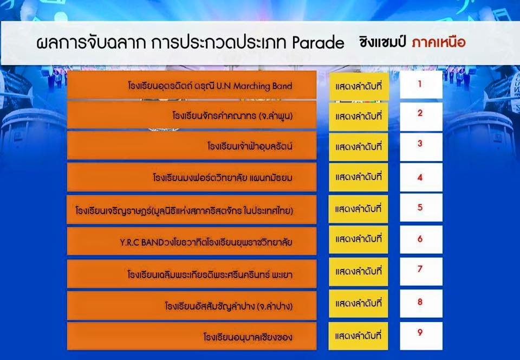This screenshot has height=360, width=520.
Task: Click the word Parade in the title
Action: [318, 42]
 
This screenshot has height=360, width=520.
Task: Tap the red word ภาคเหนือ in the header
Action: [439, 42]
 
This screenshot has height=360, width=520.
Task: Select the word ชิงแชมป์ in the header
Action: [384, 42]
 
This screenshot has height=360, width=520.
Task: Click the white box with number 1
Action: [421, 85]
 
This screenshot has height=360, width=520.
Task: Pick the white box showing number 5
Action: [421, 208]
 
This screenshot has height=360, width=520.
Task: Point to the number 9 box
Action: [421, 336]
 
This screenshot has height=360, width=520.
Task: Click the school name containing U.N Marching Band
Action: [210, 86]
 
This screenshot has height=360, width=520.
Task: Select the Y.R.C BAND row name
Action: [206, 242]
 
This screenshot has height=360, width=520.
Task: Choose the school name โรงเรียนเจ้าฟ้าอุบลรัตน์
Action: [250, 146]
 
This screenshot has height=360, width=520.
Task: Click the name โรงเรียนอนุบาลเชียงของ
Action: [248, 337]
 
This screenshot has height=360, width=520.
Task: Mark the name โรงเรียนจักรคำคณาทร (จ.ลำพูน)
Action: [232, 116]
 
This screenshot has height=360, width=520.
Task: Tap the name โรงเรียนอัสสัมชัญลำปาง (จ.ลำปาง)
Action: [229, 306]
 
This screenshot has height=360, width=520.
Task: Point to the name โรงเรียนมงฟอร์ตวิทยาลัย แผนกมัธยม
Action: [223, 177]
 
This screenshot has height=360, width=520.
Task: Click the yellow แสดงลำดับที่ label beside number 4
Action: [358, 177]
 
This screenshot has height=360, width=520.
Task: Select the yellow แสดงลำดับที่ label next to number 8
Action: [358, 304]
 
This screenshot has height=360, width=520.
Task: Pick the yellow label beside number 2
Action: [358, 117]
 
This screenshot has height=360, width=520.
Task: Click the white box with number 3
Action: [421, 147]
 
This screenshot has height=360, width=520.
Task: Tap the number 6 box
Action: [421, 240]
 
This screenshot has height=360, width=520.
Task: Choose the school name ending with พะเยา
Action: [210, 274]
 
